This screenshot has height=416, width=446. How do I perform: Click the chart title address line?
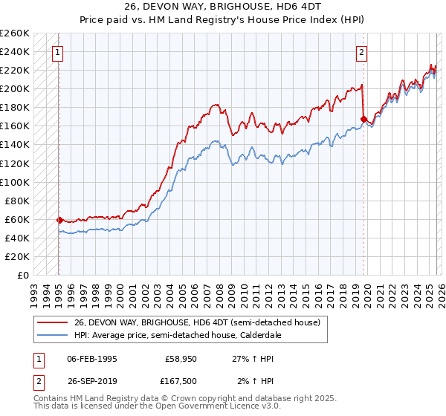tap(223, 8)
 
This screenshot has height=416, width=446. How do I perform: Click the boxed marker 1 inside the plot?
tap(57, 52)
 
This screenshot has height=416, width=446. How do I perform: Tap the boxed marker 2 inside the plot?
tap(361, 52)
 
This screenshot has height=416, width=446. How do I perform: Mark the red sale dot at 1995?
tap(59, 220)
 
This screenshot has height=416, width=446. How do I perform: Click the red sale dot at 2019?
tap(363, 119)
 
